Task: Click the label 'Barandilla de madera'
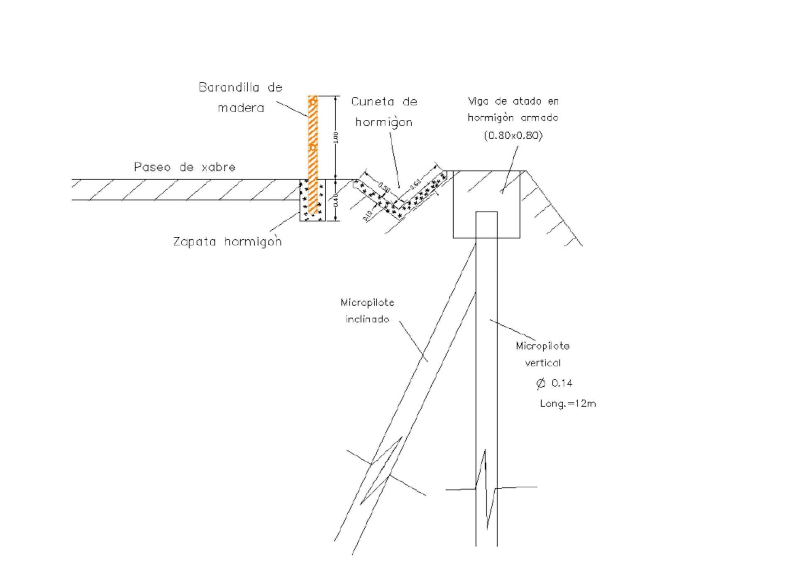coord(240,98)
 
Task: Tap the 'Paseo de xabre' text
coord(184,167)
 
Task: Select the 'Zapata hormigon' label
coord(227,241)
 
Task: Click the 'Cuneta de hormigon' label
coord(384,112)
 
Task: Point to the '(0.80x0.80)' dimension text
coord(513,135)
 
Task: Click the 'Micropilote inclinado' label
coord(367,311)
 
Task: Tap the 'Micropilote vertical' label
coord(543,354)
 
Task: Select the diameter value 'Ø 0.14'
coord(555,383)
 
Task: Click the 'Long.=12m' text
coord(568,403)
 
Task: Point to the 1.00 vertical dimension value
coord(336,137)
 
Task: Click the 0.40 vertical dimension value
coord(336,200)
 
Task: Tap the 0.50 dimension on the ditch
coord(384,187)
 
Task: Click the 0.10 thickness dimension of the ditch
coord(367,216)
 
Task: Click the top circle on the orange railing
coord(313,101)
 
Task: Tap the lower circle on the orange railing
coord(313,147)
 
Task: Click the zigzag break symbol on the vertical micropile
coord(486,489)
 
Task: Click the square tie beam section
coord(486,204)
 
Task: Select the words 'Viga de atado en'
coord(513,101)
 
